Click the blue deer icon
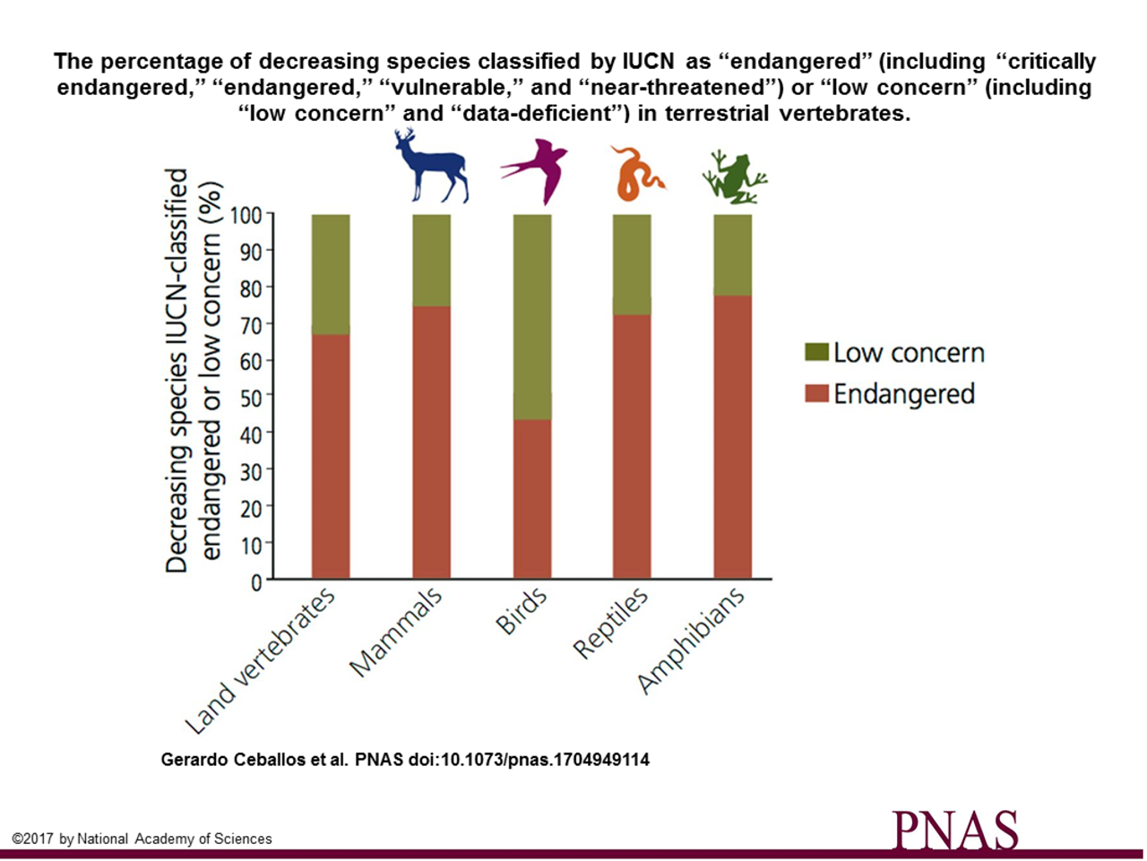[x=432, y=168]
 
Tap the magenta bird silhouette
[x=535, y=170]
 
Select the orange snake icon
[x=634, y=174]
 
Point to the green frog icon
[x=735, y=177]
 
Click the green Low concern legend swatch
[x=816, y=352]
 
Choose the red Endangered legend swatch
[x=816, y=393]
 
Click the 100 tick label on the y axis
[x=246, y=216]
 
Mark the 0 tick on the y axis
[x=257, y=581]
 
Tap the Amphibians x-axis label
[x=691, y=640]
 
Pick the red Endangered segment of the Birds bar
[x=532, y=498]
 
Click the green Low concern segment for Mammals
[x=432, y=260]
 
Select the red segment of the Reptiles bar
[x=633, y=445]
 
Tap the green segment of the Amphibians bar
[x=733, y=255]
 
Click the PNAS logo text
[x=955, y=829]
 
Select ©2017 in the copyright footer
[x=33, y=839]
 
